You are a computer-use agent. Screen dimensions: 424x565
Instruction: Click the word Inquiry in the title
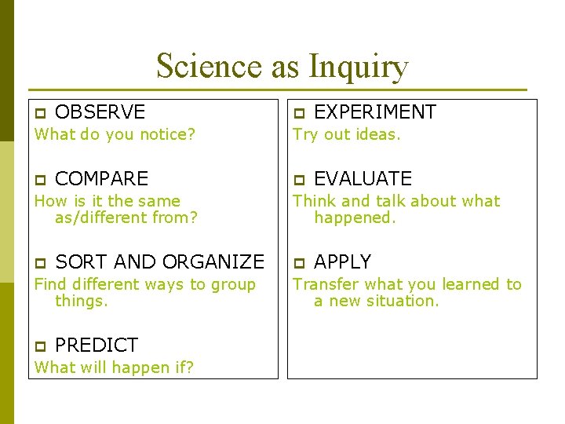tap(359, 67)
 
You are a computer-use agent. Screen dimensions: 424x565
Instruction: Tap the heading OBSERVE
tap(100, 112)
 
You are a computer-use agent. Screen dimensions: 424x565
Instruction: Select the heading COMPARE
tap(101, 179)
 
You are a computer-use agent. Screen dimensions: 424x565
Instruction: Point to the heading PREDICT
tap(96, 345)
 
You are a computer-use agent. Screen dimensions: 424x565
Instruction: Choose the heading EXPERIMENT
tap(374, 112)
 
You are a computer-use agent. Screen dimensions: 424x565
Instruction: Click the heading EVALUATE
tap(363, 179)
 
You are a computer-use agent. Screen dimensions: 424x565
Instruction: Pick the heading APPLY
tap(342, 262)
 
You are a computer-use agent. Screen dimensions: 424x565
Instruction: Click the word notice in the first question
tap(166, 134)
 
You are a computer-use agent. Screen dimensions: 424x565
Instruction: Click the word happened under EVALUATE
tap(355, 217)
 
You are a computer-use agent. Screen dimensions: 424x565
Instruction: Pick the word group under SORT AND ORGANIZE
tap(233, 285)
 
